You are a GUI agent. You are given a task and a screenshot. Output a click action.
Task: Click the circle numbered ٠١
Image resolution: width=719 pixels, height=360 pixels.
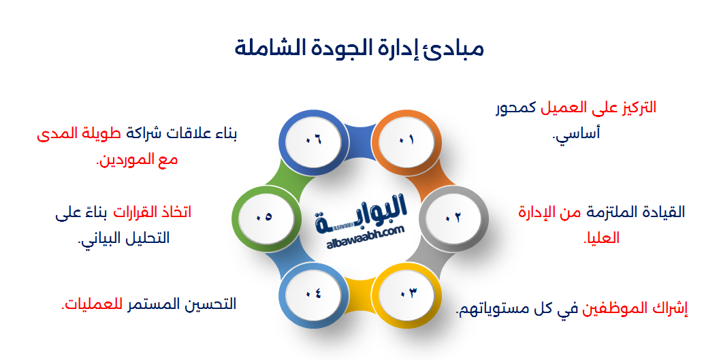[406, 140]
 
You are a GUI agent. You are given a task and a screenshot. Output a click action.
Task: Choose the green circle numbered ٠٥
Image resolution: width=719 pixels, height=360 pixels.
[263, 217]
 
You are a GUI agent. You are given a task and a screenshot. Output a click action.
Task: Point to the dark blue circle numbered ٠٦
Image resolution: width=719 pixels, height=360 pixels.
[313, 140]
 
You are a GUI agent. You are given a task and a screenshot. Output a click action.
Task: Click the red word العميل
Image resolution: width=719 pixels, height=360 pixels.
[566, 108]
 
